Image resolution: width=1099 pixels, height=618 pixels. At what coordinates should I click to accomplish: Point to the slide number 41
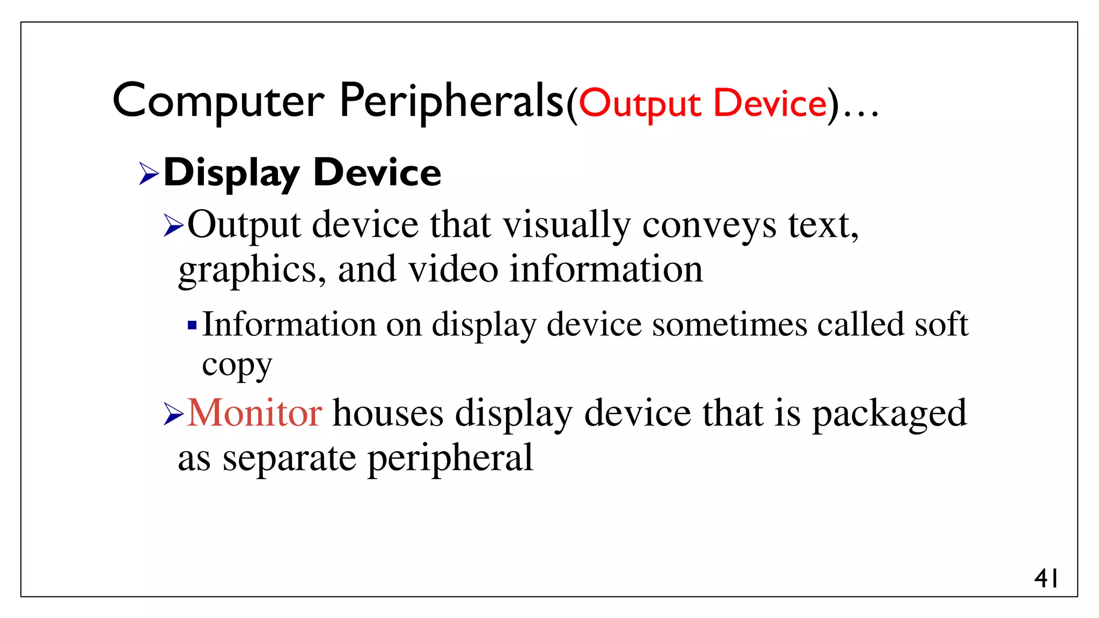(1046, 579)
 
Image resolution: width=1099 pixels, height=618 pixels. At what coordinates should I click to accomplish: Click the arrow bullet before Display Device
(149, 173)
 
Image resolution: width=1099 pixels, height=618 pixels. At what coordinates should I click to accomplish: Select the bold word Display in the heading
(231, 173)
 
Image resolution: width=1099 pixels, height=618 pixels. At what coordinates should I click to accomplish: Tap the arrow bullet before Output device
(174, 225)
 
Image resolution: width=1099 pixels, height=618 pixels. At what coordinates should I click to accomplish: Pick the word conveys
(709, 225)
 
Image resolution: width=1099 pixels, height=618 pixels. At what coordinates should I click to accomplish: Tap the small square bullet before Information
(192, 325)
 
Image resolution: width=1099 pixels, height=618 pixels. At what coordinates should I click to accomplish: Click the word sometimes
(729, 325)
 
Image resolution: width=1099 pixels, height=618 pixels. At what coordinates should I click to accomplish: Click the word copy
(237, 366)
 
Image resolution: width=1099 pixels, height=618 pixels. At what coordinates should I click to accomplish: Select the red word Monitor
(254, 413)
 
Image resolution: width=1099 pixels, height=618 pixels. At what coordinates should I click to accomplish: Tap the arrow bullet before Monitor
(174, 414)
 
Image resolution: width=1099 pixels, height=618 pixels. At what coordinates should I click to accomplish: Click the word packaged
(889, 414)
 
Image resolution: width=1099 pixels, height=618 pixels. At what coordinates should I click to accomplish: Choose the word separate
(289, 459)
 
